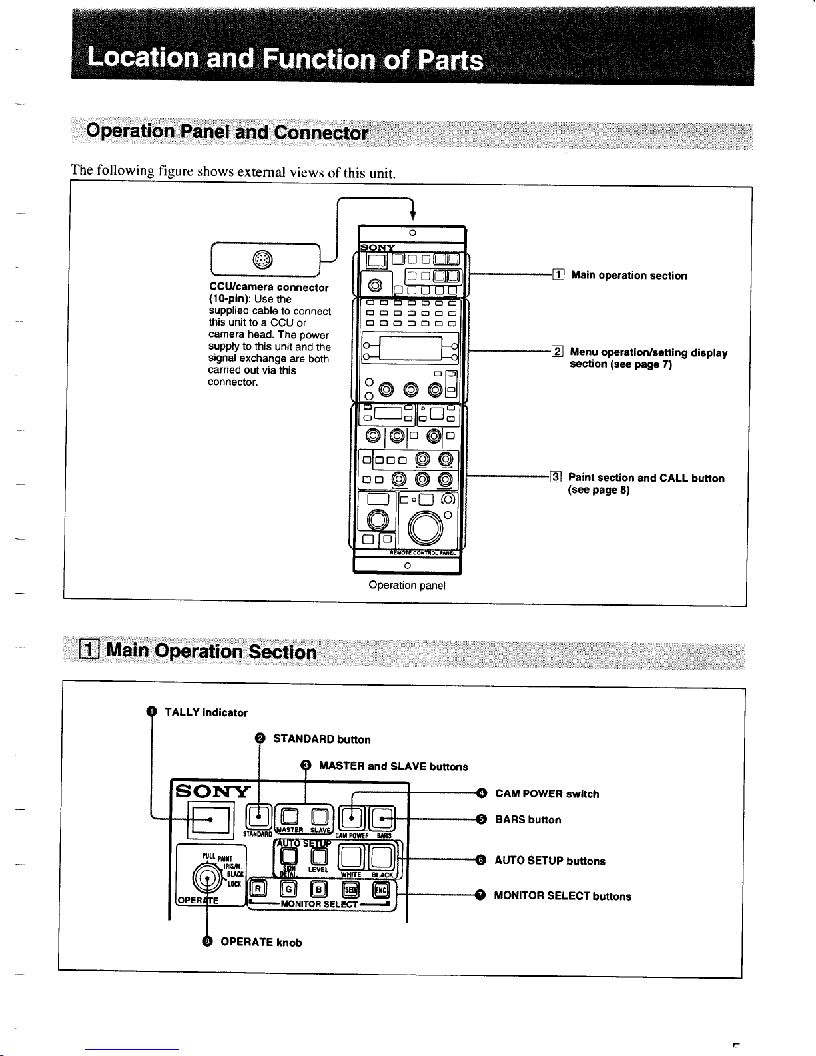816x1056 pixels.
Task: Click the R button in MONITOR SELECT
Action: tap(258, 888)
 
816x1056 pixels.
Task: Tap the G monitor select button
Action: tap(288, 888)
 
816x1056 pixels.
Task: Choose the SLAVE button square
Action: tap(320, 816)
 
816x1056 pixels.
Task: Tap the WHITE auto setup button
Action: tap(351, 857)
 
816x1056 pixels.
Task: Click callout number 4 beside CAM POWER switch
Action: tap(481, 793)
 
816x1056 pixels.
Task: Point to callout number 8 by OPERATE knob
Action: tap(208, 941)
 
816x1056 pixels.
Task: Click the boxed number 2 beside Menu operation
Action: tap(558, 352)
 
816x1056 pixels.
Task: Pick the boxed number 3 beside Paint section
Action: tap(556, 477)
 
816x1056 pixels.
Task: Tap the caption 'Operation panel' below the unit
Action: tap(407, 586)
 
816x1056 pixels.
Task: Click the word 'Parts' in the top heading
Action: tap(450, 60)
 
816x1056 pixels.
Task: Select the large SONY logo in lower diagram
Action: tap(212, 792)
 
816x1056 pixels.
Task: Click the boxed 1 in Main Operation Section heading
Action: tap(89, 650)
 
